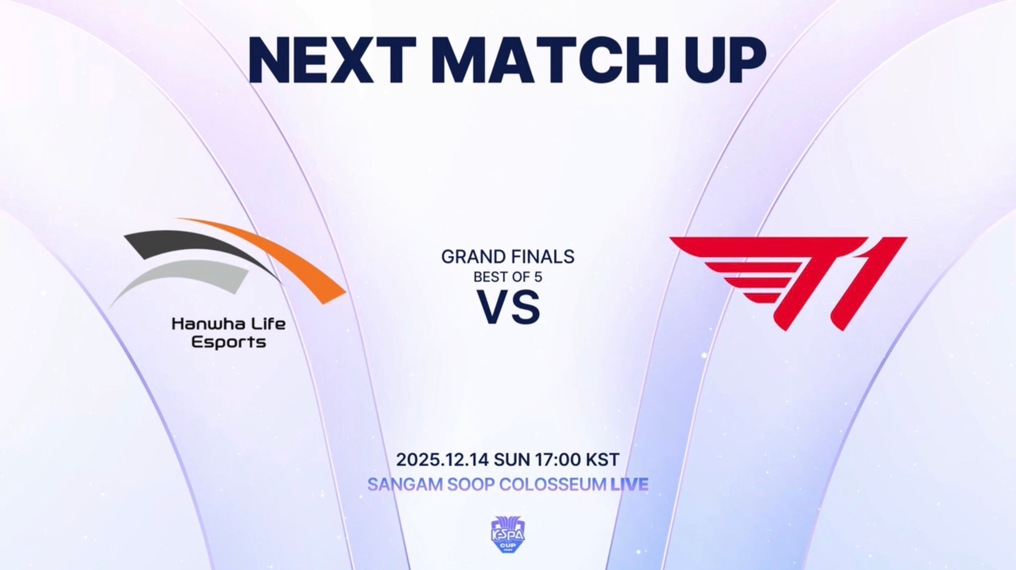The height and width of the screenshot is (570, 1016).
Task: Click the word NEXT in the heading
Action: pyautogui.click(x=332, y=60)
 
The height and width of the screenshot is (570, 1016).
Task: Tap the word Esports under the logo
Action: pyautogui.click(x=229, y=342)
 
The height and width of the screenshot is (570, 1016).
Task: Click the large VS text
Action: pyautogui.click(x=508, y=308)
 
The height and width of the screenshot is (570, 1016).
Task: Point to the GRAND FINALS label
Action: pyautogui.click(x=508, y=257)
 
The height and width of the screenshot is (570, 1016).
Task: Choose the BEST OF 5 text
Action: pyautogui.click(x=508, y=277)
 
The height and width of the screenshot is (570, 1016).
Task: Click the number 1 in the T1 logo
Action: pyautogui.click(x=866, y=283)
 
